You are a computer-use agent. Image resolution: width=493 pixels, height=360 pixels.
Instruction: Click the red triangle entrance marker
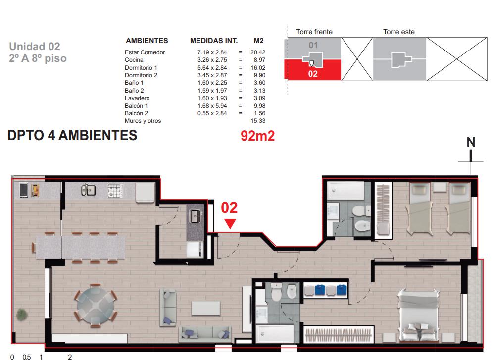tap(230, 223)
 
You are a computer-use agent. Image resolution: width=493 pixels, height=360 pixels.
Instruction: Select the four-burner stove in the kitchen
tap(115, 191)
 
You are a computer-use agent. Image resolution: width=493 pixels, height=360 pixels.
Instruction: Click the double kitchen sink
tap(88, 190)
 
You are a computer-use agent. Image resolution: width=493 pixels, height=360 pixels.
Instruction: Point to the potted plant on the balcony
tap(21, 314)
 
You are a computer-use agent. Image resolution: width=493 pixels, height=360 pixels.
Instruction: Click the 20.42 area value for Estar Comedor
tap(258, 52)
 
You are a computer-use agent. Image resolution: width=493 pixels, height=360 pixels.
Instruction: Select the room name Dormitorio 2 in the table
tap(141, 75)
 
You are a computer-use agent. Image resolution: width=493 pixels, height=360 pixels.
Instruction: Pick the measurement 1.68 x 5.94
tap(212, 106)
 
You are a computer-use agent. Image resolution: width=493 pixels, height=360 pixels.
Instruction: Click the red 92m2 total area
tap(257, 136)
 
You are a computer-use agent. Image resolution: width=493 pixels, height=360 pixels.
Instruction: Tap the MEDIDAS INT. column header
tap(214, 41)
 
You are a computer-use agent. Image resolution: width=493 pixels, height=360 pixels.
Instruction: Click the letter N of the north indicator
tap(471, 142)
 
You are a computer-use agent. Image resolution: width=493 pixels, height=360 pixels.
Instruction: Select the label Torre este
tap(398, 32)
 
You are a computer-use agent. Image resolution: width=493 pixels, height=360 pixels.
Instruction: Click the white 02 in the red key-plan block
tap(313, 74)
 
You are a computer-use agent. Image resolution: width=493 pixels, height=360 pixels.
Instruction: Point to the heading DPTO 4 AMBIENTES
tap(72, 135)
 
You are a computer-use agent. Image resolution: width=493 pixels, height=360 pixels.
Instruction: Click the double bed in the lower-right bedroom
tap(418, 315)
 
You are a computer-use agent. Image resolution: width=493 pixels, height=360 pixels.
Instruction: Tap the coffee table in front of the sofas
tap(206, 309)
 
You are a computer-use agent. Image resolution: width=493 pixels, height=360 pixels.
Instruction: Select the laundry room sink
tap(195, 216)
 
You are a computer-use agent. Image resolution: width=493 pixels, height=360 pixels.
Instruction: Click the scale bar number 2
tap(70, 357)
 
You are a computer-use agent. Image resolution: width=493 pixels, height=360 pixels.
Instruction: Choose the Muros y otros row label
tap(143, 121)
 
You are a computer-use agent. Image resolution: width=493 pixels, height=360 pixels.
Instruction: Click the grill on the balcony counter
tap(35, 190)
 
